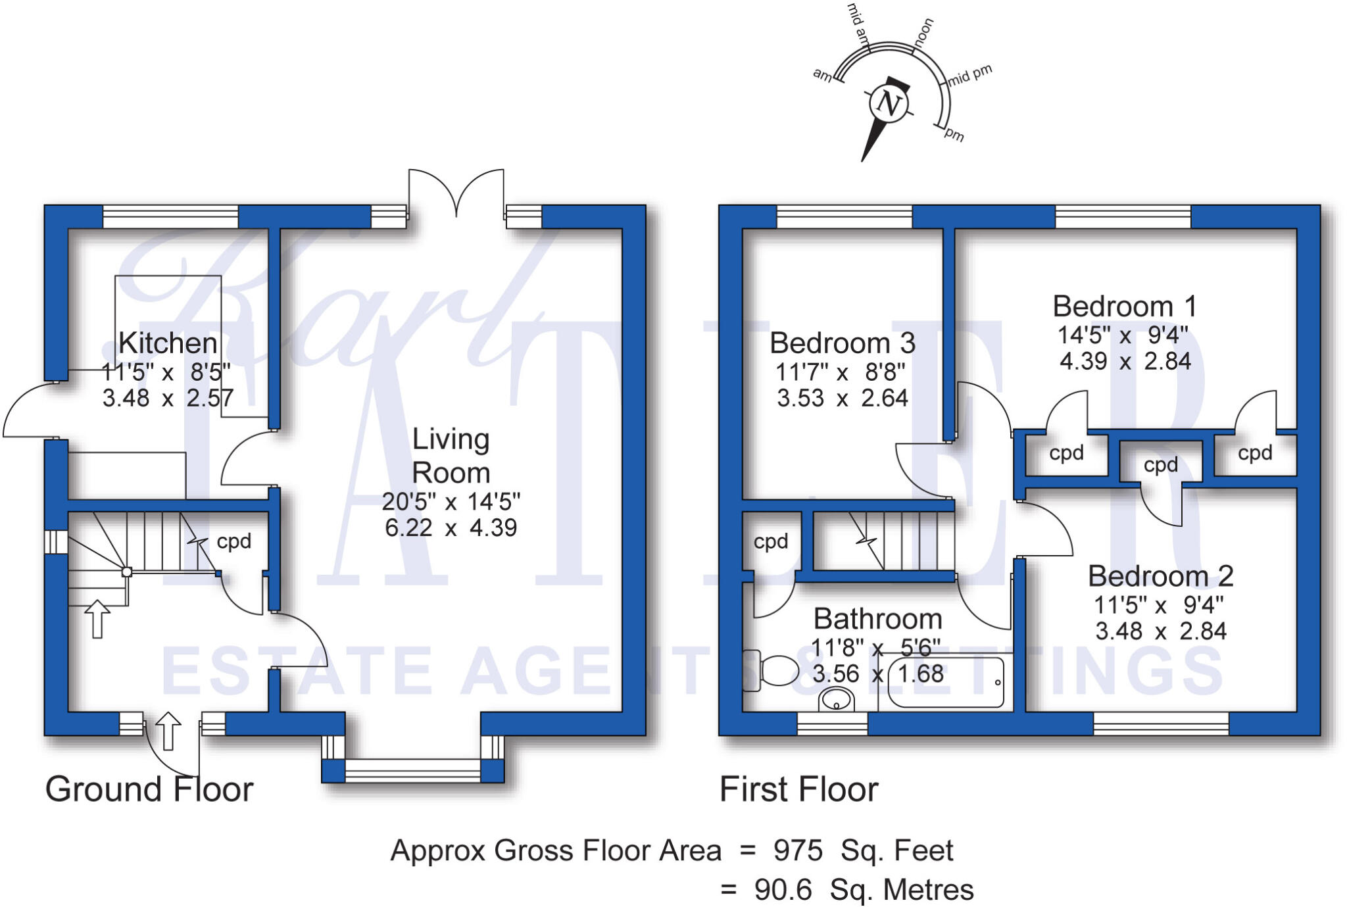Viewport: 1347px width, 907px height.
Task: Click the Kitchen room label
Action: point(168,343)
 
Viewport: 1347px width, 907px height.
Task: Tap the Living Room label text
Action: point(451,456)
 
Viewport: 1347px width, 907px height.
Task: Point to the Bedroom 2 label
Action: point(1160,576)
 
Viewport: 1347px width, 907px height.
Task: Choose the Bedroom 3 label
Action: point(843,343)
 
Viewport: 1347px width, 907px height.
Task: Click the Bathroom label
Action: point(878,619)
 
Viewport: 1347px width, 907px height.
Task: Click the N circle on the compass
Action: point(889,104)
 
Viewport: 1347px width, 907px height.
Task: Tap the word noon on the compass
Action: point(923,31)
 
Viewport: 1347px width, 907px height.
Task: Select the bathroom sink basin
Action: point(836,700)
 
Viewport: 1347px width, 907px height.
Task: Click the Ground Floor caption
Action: point(149,789)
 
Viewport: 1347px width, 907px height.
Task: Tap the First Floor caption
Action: point(799,789)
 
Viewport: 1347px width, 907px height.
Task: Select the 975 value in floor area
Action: point(798,850)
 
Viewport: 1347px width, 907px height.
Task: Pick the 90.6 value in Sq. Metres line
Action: point(783,890)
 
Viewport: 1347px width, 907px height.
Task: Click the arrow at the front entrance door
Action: point(168,731)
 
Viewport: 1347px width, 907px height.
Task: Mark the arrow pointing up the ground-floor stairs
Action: point(97,618)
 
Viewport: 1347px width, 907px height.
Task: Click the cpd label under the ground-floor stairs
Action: point(234,541)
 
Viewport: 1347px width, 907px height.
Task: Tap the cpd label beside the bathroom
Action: point(771,541)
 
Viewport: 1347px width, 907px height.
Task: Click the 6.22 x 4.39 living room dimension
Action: point(451,527)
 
